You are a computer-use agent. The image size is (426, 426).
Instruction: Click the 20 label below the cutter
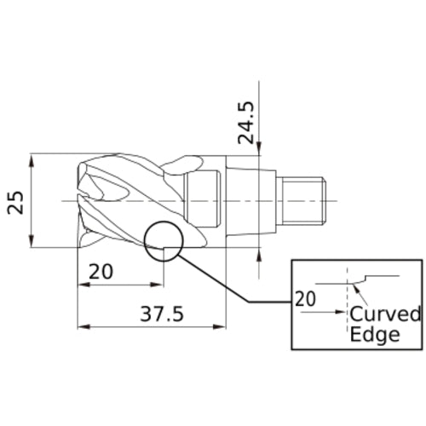[x=101, y=272]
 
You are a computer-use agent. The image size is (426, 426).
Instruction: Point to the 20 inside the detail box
[x=305, y=299]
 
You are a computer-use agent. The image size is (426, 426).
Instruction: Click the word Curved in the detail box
[x=385, y=314]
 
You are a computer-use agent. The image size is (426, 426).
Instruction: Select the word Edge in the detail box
[x=375, y=334]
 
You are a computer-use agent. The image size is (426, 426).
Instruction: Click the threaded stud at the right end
[x=306, y=199]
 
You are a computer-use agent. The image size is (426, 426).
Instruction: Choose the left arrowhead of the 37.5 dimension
[x=82, y=325]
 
